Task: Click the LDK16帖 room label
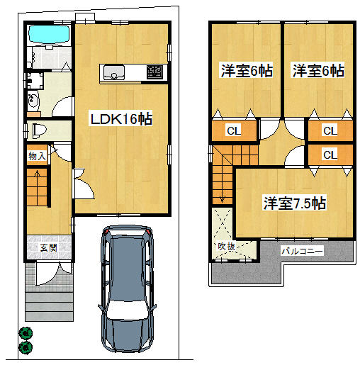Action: [x=120, y=119]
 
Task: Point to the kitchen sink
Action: [x=114, y=72]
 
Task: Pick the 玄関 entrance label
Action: [x=48, y=248]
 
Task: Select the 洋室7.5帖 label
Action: [x=294, y=203]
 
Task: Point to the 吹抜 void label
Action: [x=226, y=247]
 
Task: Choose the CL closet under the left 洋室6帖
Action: [x=232, y=130]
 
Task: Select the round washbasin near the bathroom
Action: [x=32, y=102]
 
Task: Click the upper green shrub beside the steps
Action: [x=26, y=332]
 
